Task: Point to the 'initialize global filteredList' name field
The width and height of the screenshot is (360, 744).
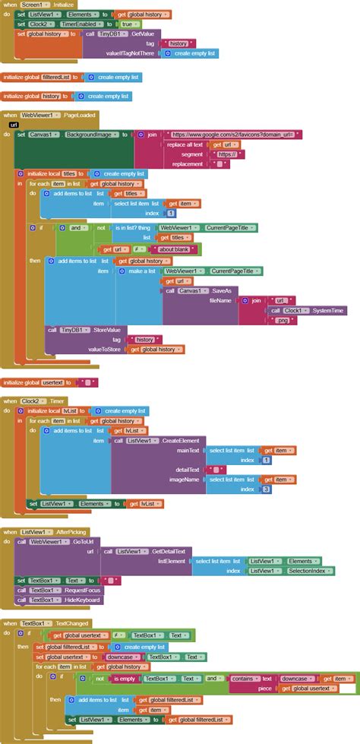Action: tap(58, 77)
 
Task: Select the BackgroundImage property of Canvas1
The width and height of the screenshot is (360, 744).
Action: tap(90, 135)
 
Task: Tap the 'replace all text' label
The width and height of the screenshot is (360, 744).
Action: tap(185, 144)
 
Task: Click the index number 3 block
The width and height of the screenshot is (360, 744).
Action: tap(266, 489)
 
